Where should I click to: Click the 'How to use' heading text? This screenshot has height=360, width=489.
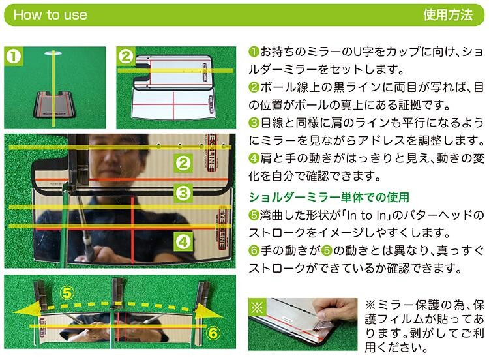pyautogui.click(x=50, y=14)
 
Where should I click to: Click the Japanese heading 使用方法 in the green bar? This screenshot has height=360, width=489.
pyautogui.click(x=448, y=14)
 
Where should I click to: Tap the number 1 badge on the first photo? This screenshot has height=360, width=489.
pyautogui.click(x=14, y=56)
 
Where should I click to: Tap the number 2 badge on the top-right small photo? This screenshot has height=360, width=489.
pyautogui.click(x=126, y=56)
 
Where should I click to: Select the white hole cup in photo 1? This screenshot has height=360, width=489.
pyautogui.click(x=54, y=53)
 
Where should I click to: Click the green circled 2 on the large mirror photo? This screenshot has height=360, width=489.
pyautogui.click(x=183, y=163)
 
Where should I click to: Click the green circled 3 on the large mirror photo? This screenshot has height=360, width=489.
pyautogui.click(x=183, y=193)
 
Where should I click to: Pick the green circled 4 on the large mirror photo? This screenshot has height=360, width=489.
pyautogui.click(x=183, y=242)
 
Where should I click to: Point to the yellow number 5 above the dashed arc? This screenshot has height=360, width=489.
pyautogui.click(x=67, y=293)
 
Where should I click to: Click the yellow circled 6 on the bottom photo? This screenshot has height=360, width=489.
pyautogui.click(x=213, y=333)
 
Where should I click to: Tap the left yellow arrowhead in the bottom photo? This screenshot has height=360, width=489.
pyautogui.click(x=27, y=310)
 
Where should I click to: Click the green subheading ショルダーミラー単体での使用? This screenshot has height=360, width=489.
pyautogui.click(x=329, y=197)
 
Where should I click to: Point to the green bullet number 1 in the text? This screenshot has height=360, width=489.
pyautogui.click(x=254, y=52)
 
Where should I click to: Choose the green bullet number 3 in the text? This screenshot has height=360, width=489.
pyautogui.click(x=254, y=123)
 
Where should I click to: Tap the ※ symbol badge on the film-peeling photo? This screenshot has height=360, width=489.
pyautogui.click(x=257, y=307)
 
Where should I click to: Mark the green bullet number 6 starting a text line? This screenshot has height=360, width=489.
pyautogui.click(x=254, y=250)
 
